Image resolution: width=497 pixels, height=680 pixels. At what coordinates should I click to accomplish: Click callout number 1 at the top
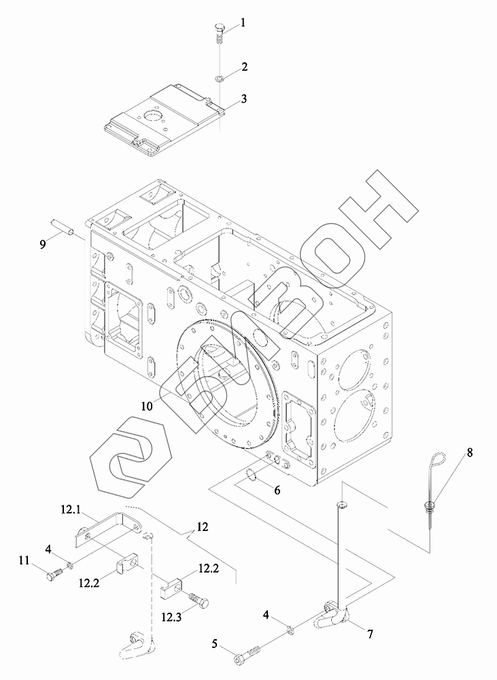tap(243, 22)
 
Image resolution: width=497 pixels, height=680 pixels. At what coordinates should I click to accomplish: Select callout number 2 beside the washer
tap(243, 67)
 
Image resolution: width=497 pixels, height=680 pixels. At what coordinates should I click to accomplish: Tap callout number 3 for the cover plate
tap(243, 99)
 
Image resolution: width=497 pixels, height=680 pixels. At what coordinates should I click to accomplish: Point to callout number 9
tap(42, 244)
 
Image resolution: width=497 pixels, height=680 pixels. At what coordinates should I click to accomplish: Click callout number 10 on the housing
tap(146, 406)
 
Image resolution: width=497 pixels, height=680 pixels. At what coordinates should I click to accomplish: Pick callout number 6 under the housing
tap(277, 490)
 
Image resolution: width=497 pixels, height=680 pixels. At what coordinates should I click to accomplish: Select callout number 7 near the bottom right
tap(370, 634)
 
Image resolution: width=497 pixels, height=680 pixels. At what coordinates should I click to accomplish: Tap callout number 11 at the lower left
tap(24, 560)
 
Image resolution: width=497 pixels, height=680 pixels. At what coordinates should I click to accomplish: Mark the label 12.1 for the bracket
tap(71, 509)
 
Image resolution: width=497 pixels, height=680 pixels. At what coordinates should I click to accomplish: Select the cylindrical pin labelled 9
tap(62, 226)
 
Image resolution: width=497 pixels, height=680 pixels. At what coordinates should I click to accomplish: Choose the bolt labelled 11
tap(54, 575)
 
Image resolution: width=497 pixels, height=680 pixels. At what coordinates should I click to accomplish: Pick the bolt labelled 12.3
tap(198, 600)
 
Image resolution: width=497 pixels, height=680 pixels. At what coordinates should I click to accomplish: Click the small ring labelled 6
tap(251, 474)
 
